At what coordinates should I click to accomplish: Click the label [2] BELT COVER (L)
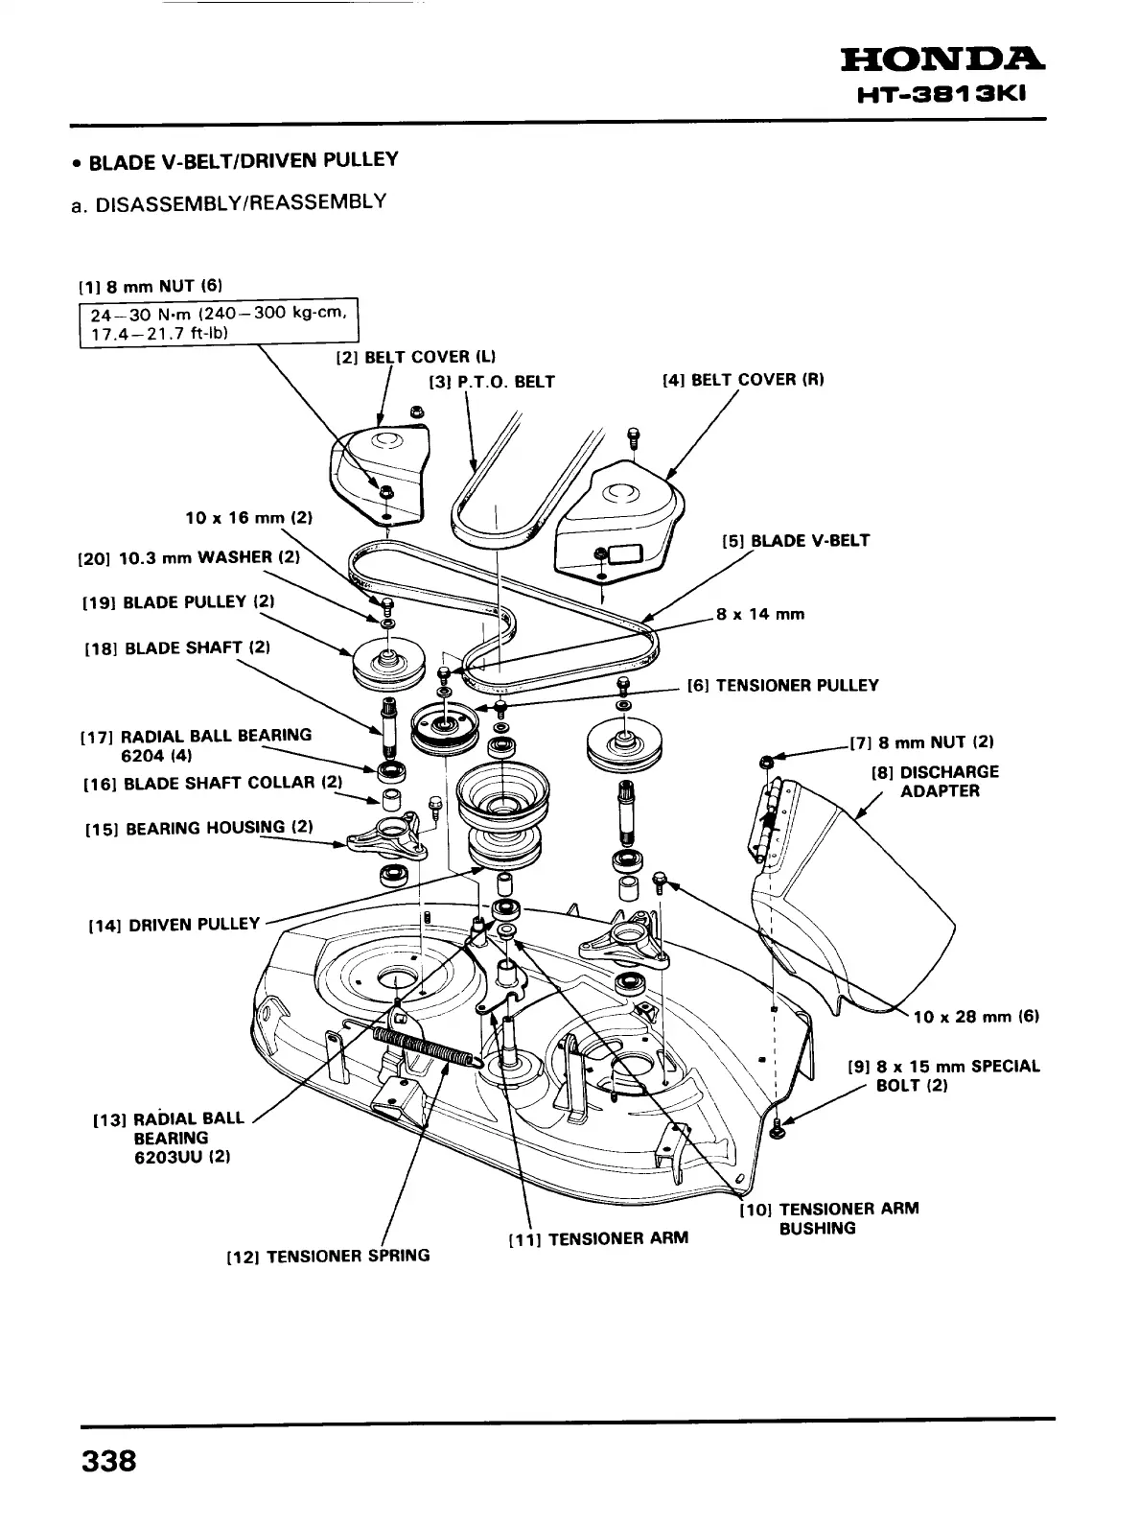414,358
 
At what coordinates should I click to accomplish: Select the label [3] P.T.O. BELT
492,382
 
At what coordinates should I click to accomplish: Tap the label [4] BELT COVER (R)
743,379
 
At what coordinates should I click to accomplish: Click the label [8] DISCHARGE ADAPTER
934,781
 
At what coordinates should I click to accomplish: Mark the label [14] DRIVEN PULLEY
174,925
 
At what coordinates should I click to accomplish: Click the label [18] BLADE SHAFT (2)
177,647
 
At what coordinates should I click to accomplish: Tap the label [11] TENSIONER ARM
597,1237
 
